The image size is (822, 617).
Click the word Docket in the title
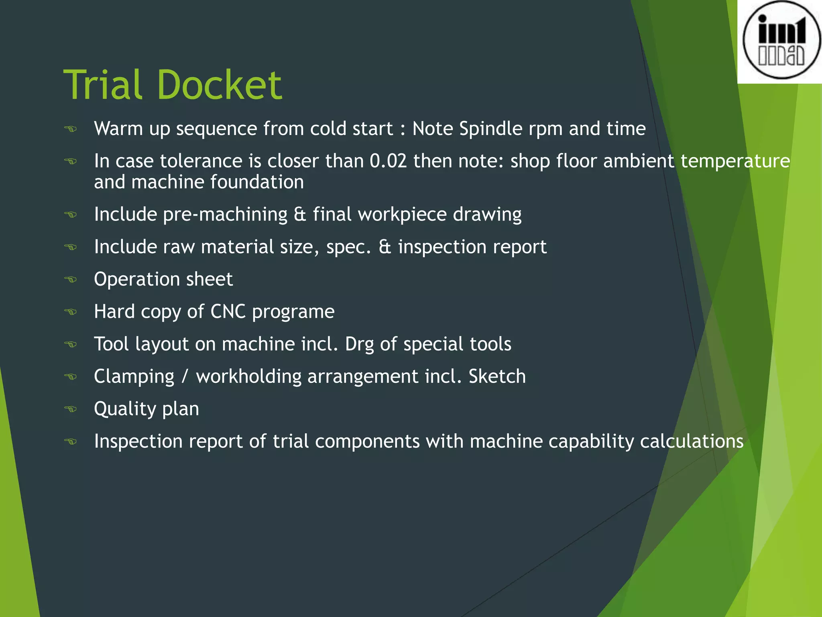coord(220,85)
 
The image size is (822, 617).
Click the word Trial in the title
coord(103,85)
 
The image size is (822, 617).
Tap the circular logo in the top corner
coord(781,40)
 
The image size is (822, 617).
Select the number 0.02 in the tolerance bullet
coord(388,161)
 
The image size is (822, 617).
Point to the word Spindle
coord(490,129)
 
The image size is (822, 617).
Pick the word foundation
coord(257,182)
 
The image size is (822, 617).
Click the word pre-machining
coord(225,215)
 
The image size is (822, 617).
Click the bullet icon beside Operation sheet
coord(71,279)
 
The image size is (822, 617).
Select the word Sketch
coord(497,376)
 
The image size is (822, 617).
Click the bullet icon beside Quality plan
coord(71,409)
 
